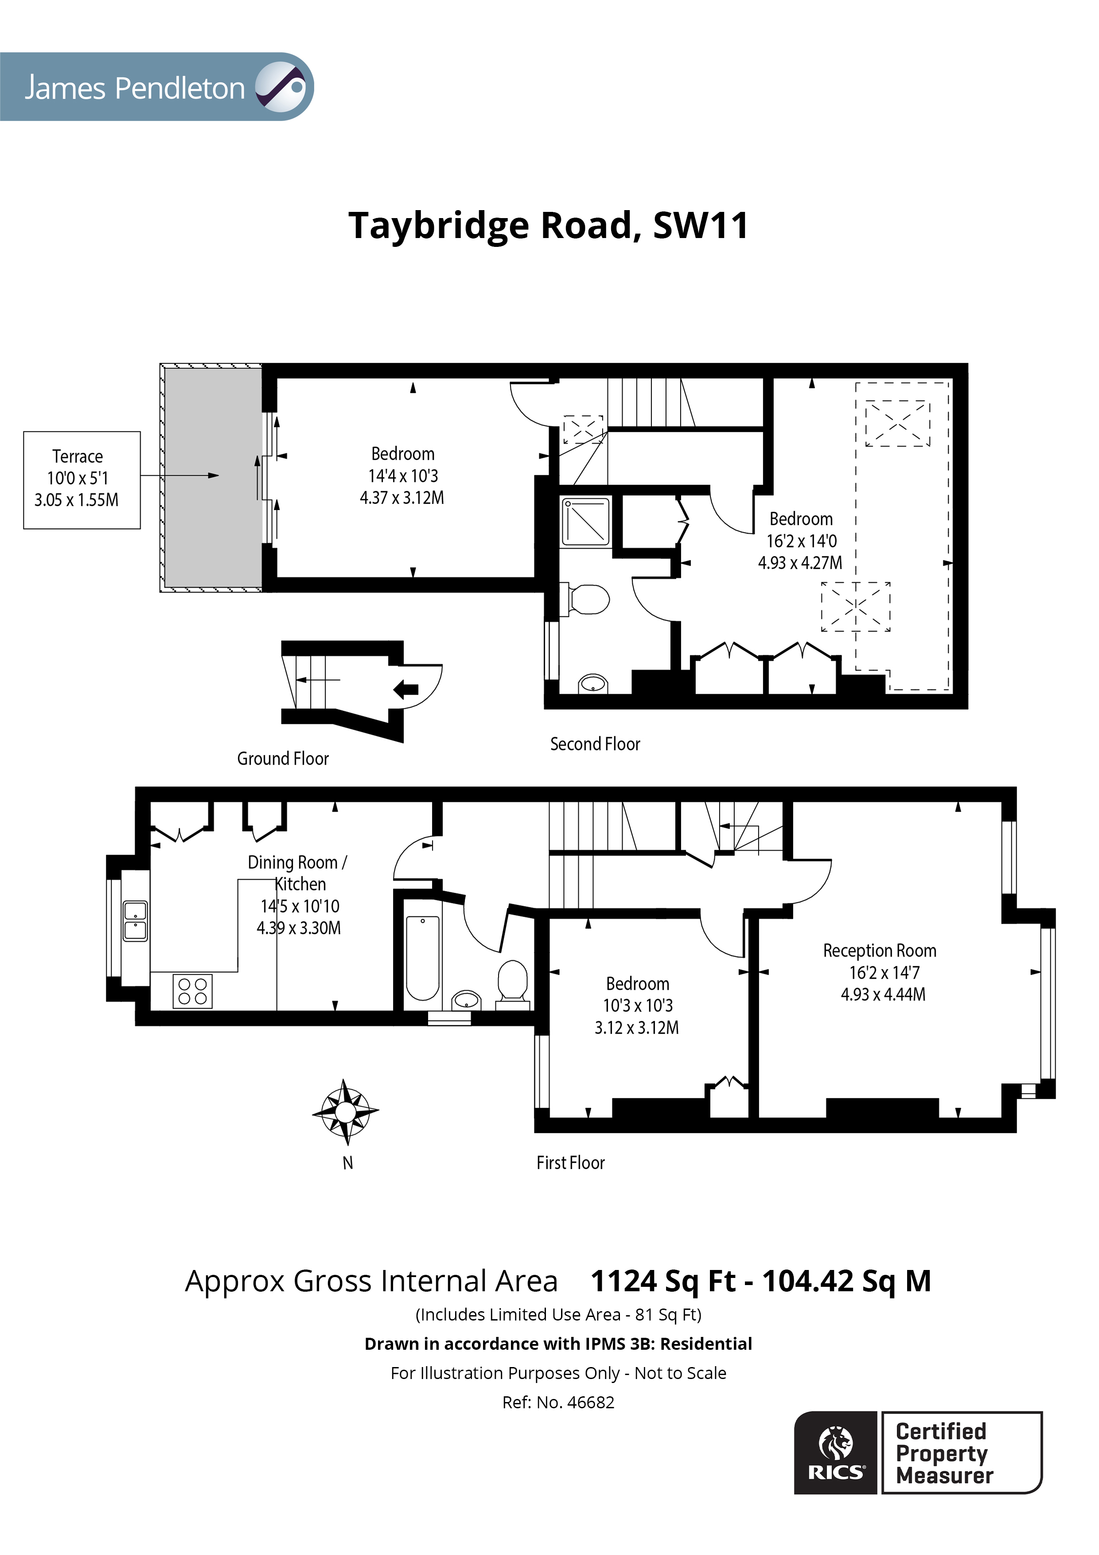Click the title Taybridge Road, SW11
(x=549, y=226)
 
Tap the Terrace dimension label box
(x=81, y=480)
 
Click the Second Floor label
(x=595, y=744)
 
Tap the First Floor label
(x=570, y=1163)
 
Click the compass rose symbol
(x=345, y=1111)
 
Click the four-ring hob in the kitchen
(x=192, y=991)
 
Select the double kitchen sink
(x=135, y=921)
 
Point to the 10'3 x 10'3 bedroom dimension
(x=638, y=1006)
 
